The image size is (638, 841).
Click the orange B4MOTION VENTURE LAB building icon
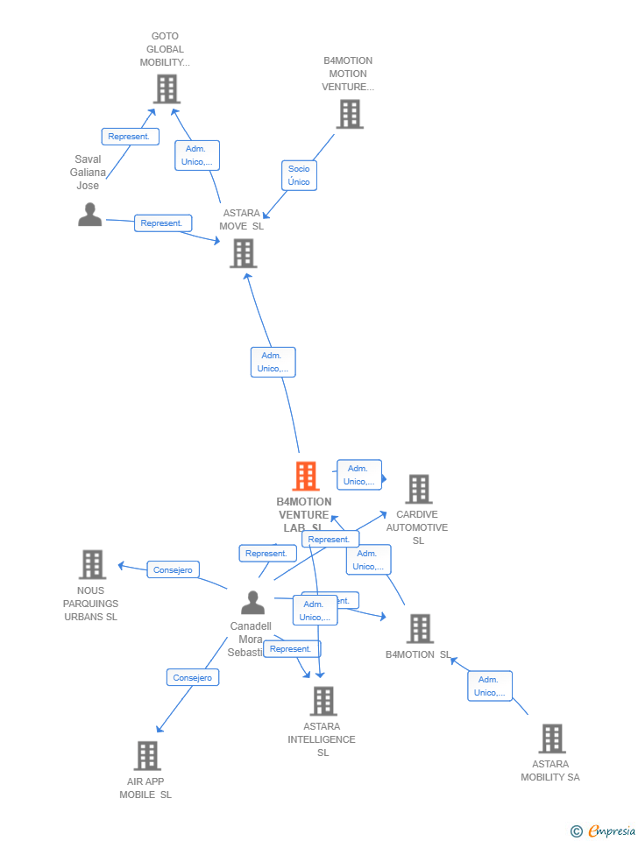pos(305,476)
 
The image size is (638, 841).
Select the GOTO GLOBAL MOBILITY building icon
pos(166,88)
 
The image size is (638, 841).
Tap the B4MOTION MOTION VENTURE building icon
pos(349,114)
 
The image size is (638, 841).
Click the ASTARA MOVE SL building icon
pos(243,253)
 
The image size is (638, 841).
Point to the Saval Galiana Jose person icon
pos(89,215)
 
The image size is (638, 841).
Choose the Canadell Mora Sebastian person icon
pos(252,603)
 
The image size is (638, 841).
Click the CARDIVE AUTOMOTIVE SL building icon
pos(418,489)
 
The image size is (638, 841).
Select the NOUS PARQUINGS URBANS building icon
pos(92,565)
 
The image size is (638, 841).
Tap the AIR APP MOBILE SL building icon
pos(147,755)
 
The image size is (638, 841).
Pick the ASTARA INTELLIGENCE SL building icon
pos(323,701)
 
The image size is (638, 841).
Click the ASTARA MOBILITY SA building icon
pos(551,739)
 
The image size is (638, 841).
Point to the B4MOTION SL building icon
pos(420,628)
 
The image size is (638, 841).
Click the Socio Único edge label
pos(299,175)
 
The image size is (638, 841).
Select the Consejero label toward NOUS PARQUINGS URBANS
pos(173,569)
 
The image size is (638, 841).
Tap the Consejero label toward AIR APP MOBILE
pos(193,677)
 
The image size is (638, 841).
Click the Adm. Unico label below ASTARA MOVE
pos(273,362)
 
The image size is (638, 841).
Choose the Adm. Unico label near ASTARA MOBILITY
pos(490,686)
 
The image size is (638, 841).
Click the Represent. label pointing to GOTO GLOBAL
pos(130,137)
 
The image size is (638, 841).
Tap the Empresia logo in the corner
pos(604,830)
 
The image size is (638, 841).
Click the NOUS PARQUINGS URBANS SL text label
pos(90,604)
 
